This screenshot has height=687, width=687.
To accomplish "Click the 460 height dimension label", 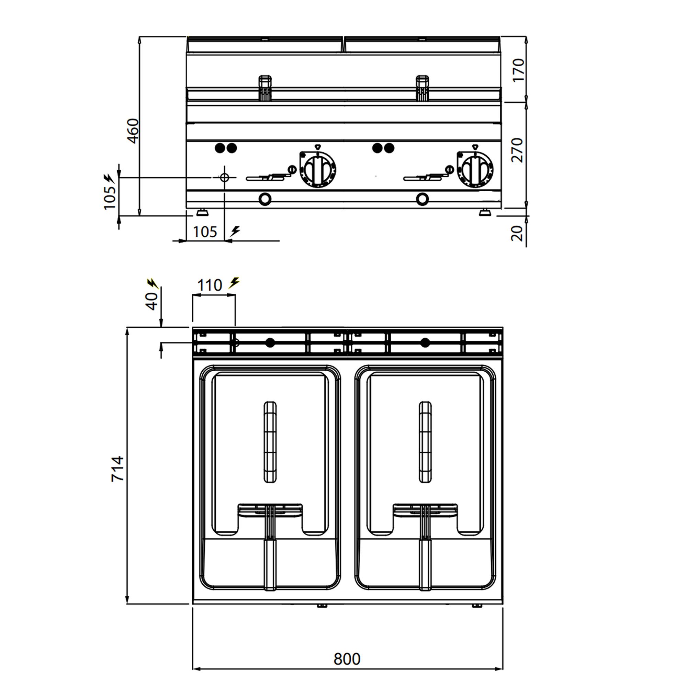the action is coord(133,131).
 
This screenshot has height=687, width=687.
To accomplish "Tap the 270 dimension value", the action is coord(518,150).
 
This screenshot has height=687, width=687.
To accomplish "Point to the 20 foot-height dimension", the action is coord(518,233).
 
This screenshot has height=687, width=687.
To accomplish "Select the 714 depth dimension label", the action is coord(117,469).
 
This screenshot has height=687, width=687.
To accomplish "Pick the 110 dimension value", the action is coord(210,285).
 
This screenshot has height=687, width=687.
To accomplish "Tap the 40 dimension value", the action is coord(152,301).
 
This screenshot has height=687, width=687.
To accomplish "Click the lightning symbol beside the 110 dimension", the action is coord(234,283).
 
